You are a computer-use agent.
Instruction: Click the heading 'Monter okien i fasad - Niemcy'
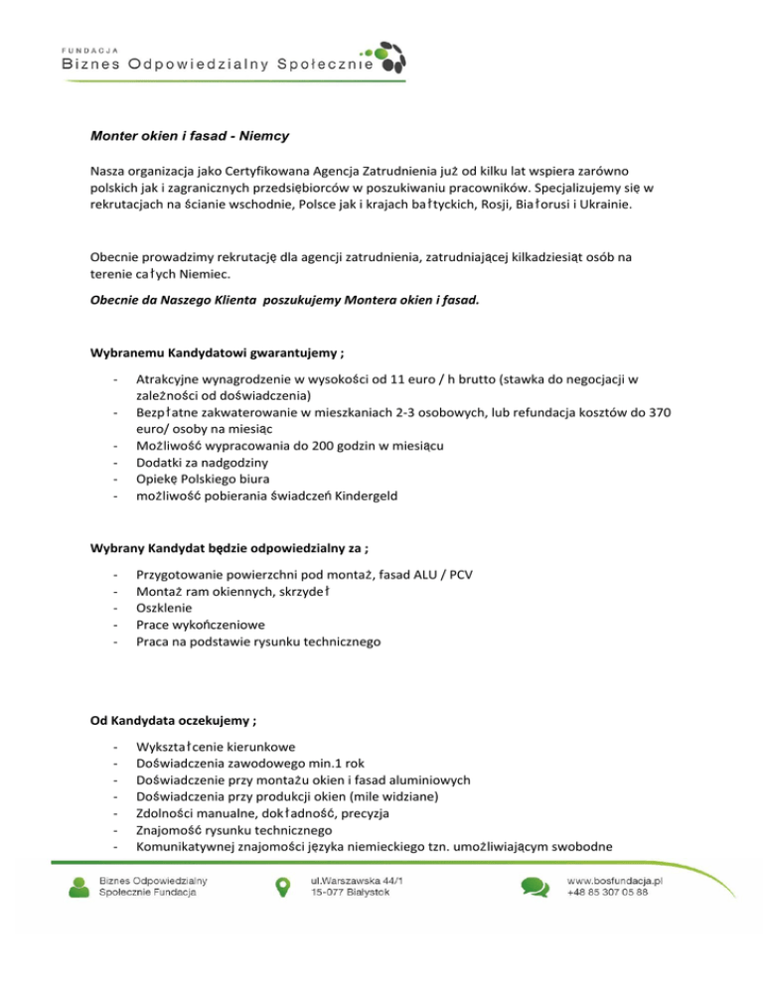coord(189,134)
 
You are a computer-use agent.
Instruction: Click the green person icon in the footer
coord(79,887)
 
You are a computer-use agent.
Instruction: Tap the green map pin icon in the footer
coord(282,887)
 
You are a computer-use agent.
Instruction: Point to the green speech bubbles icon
coord(534,887)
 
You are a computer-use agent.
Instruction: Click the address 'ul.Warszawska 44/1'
coord(358,880)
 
